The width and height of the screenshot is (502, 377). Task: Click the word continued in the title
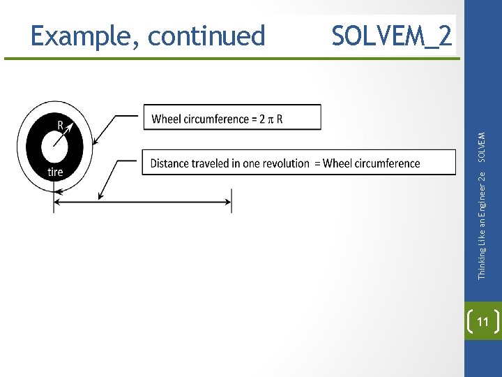pyautogui.click(x=207, y=36)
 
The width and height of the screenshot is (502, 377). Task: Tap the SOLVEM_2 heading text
pyautogui.click(x=392, y=36)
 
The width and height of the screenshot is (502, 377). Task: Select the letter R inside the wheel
pyautogui.click(x=61, y=126)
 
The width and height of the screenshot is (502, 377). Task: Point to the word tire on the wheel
pyautogui.click(x=55, y=172)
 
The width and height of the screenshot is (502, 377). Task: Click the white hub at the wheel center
pyautogui.click(x=54, y=148)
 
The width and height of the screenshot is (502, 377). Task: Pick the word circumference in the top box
pyautogui.click(x=219, y=119)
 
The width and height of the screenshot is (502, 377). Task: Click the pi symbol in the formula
pyautogui.click(x=270, y=119)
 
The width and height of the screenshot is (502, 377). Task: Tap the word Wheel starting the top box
pyautogui.click(x=166, y=119)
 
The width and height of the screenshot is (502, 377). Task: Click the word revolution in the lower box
pyautogui.click(x=283, y=163)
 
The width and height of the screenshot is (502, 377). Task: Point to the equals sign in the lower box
pyautogui.click(x=317, y=163)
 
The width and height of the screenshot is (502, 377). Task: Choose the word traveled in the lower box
pyautogui.click(x=213, y=163)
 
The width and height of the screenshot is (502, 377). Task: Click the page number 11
pyautogui.click(x=482, y=321)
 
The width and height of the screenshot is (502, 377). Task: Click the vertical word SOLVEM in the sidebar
pyautogui.click(x=482, y=139)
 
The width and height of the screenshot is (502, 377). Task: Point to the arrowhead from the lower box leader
pyautogui.click(x=101, y=198)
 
